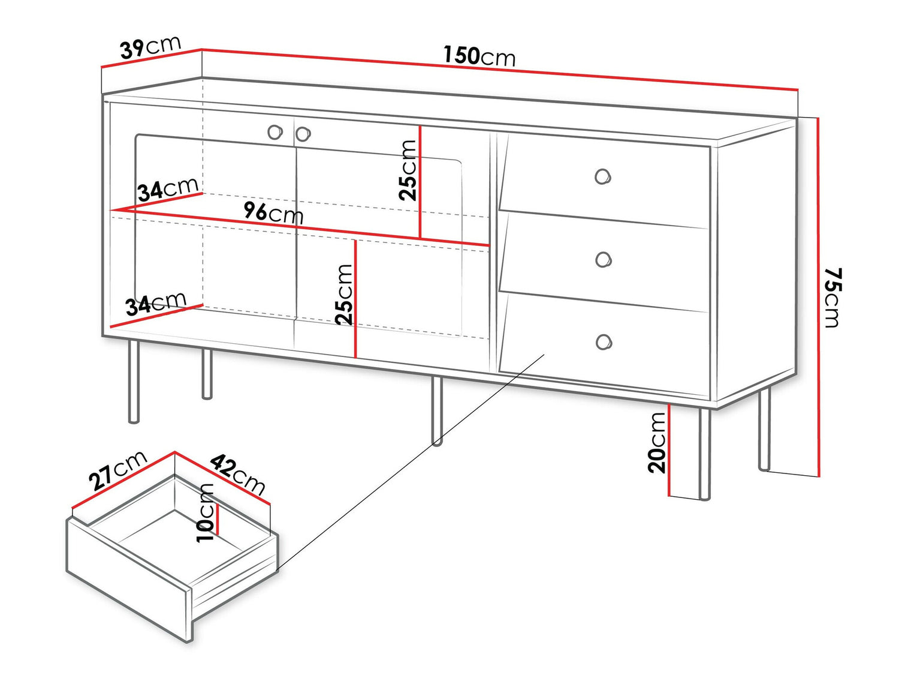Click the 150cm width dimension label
[479, 56]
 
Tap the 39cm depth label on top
[150, 47]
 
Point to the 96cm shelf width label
[273, 212]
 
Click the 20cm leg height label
[657, 443]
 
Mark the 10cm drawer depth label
[206, 514]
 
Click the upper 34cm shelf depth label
[168, 190]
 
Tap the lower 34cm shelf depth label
[156, 304]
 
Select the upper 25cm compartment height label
[408, 170]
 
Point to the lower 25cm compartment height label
[343, 295]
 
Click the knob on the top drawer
[603, 176]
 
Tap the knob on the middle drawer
[604, 259]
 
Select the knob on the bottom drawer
[604, 342]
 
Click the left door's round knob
[275, 132]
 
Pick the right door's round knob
[303, 134]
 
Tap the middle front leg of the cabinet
[437, 411]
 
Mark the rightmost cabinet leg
[764, 429]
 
